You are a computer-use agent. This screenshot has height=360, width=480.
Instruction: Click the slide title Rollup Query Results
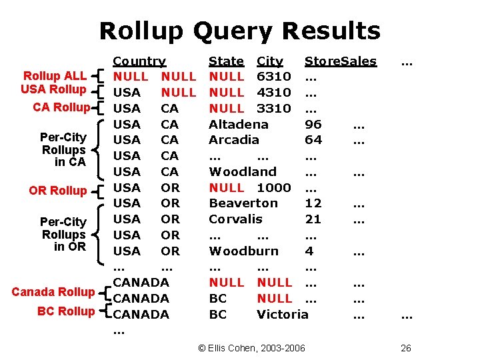240,31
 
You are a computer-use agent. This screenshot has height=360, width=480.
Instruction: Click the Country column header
139,61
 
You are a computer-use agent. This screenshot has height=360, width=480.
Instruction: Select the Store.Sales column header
340,61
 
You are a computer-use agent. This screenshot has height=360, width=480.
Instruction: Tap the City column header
270,61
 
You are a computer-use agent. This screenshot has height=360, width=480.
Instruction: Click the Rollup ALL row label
55,76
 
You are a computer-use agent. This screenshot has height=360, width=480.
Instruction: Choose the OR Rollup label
58,191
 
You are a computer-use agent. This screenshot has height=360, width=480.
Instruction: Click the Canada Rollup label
53,292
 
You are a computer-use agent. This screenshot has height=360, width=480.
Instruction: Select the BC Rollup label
66,311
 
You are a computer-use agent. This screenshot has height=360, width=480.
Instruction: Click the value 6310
274,77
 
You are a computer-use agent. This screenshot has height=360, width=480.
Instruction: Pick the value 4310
274,93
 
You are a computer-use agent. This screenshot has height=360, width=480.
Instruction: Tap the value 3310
274,108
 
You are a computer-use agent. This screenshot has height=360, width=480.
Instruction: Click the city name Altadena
239,124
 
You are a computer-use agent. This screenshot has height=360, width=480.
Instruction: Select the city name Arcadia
233,140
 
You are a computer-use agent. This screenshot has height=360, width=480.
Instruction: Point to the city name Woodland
243,172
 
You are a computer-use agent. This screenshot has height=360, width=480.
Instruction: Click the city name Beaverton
243,203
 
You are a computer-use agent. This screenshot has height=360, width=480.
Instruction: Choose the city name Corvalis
236,219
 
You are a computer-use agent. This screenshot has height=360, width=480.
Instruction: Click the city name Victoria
283,314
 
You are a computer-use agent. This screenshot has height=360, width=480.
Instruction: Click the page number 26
406,348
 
